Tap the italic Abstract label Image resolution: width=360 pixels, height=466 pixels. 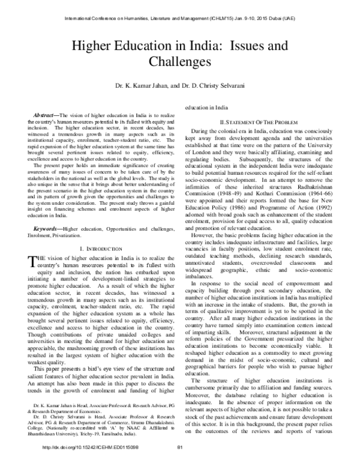coord(44,114)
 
